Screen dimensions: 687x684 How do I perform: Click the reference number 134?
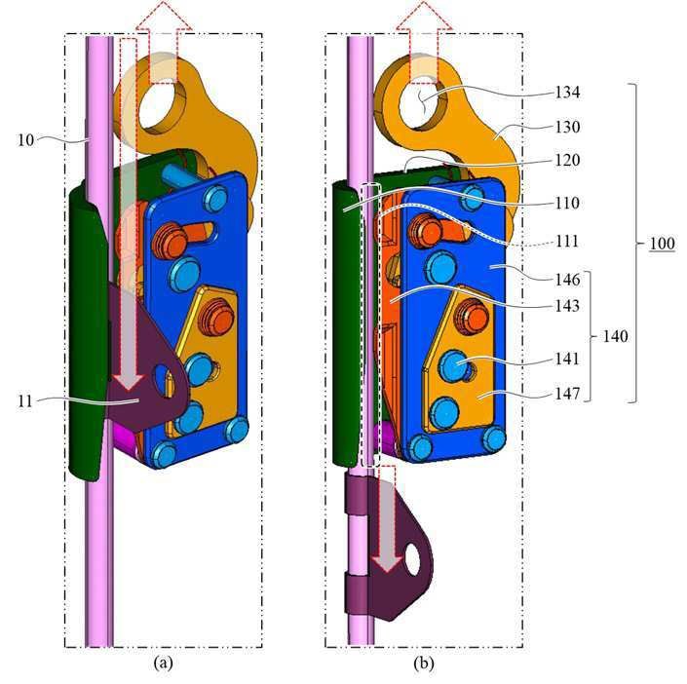pos(567,93)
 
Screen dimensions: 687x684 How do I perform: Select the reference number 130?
pos(567,127)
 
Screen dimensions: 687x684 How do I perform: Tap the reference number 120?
pos(567,161)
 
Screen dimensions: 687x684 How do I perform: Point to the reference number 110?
pos(567,204)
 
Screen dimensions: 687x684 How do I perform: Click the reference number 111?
pos(567,242)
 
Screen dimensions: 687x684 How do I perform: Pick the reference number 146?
pos(567,280)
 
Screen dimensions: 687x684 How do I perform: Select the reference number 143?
pos(567,306)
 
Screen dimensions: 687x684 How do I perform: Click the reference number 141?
pos(567,360)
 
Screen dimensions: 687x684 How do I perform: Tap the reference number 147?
pos(567,394)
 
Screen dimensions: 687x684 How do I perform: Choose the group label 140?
pos(616,337)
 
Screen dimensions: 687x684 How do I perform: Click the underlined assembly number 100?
pos(662,244)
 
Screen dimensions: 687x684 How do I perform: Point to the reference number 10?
pos(25,140)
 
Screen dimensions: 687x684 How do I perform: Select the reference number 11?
pos(25,400)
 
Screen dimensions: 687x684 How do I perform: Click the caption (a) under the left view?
pos(164,663)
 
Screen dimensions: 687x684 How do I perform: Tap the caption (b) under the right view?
pos(424,663)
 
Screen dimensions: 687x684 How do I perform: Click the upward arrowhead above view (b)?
pos(424,16)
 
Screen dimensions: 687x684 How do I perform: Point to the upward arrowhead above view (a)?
pos(164,16)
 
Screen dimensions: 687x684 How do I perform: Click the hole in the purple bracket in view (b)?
pos(412,559)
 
